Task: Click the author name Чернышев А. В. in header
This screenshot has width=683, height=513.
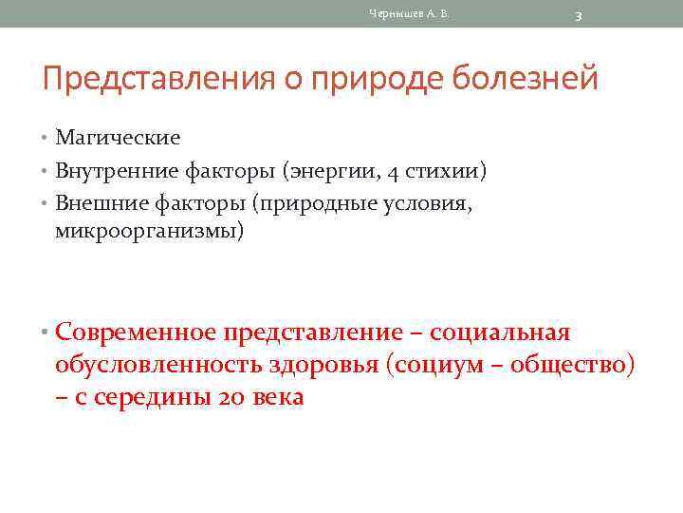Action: click(x=409, y=13)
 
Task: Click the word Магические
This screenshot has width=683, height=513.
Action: click(x=118, y=138)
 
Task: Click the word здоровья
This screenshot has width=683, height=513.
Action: click(x=324, y=365)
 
